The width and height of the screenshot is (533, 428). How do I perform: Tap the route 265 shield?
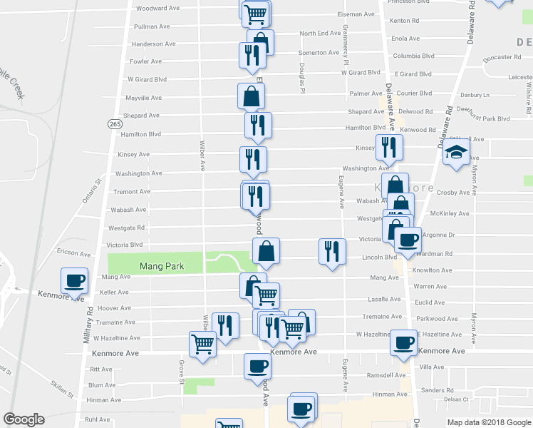(x=115, y=124)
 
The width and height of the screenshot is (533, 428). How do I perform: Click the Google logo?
(x=24, y=419)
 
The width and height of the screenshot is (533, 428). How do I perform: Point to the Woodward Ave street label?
(x=157, y=8)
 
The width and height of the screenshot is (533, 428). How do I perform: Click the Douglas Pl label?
(x=302, y=78)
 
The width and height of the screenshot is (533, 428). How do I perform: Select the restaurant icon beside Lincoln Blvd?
(x=331, y=251)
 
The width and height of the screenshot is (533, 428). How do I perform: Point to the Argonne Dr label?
(x=439, y=235)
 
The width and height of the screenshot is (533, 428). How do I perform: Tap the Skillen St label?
(x=61, y=389)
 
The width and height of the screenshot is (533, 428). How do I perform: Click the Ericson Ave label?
(x=75, y=253)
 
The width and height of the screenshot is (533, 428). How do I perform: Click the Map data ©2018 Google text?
(x=488, y=422)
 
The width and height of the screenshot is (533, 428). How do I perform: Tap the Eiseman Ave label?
(x=356, y=14)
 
